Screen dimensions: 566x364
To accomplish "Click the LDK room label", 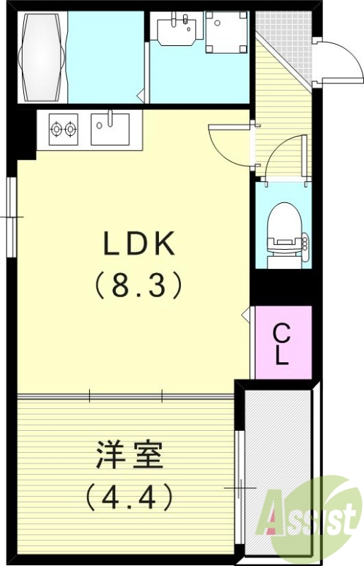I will pyautogui.click(x=139, y=245).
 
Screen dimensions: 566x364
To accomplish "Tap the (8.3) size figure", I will pyautogui.click(x=139, y=285).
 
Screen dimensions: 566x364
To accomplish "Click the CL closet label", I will pyautogui.click(x=282, y=344).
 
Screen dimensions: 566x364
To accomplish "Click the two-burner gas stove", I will pyautogui.click(x=62, y=129).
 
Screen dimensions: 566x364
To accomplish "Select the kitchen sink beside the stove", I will pyautogui.click(x=110, y=129).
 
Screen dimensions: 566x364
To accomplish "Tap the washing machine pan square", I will pyautogui.click(x=223, y=31).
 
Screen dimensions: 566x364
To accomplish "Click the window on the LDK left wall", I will pyautogui.click(x=12, y=216).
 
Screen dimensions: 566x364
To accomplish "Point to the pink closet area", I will pyautogui.click(x=282, y=344).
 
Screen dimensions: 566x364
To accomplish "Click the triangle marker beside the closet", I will pyautogui.click(x=247, y=312).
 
